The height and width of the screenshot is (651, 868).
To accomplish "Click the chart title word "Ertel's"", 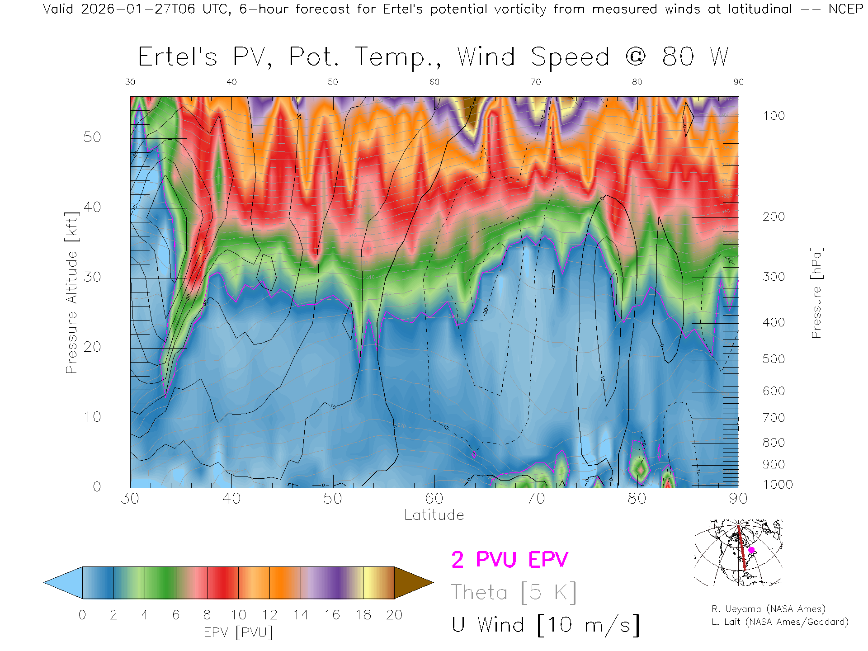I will [x=177, y=57].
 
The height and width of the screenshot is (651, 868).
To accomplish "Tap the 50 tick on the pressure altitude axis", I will [x=92, y=137].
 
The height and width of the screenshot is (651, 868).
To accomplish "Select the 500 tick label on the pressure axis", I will [x=774, y=359].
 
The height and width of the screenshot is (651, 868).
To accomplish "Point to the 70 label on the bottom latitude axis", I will [x=536, y=499].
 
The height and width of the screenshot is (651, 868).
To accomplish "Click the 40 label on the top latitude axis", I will [x=231, y=82].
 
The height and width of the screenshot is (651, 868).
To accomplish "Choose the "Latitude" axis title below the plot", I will [x=434, y=515].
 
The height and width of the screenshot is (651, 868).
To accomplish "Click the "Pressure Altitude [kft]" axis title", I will [x=72, y=292].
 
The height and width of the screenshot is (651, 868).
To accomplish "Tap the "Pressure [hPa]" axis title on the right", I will [x=816, y=292].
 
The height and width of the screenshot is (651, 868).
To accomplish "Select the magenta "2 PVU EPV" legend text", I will [x=509, y=560].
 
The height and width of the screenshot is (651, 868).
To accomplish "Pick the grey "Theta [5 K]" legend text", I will [x=514, y=592].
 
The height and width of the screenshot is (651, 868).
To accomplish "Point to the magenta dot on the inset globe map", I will [x=751, y=550].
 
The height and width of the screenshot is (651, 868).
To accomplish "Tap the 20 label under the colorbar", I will [x=394, y=615].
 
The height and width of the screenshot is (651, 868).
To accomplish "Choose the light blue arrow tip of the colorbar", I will [x=61, y=583].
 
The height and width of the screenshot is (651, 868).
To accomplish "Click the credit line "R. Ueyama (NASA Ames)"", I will [x=768, y=609].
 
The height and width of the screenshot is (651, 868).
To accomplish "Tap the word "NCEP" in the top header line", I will [x=845, y=9].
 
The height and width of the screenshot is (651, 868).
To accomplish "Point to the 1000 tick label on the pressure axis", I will [x=778, y=485].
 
